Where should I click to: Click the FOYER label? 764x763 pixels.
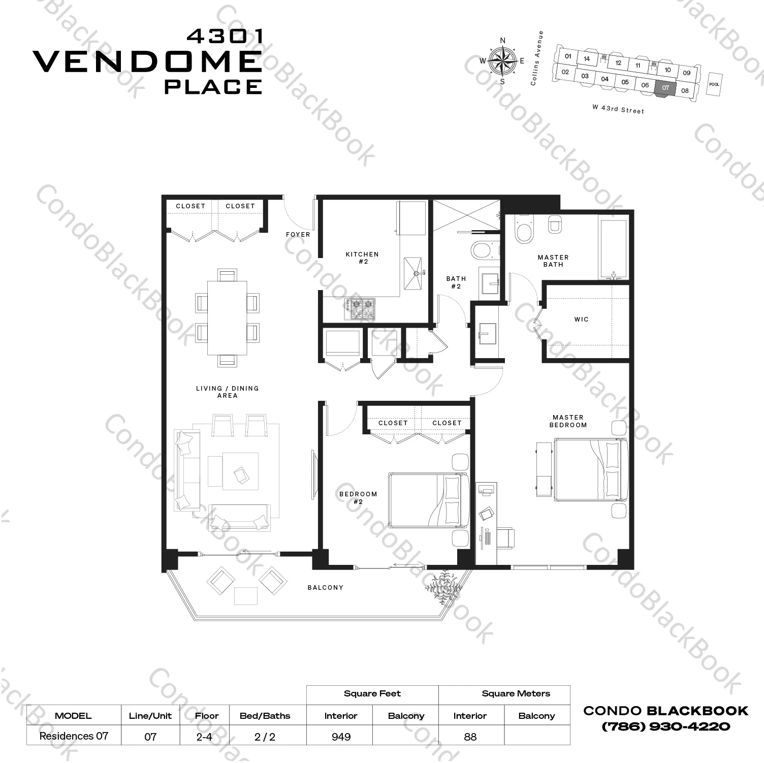click(298, 235)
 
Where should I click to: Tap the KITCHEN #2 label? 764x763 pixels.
click(362, 258)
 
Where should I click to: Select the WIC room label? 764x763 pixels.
click(581, 320)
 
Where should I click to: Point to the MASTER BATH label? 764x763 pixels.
click(553, 261)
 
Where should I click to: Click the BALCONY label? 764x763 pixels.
click(326, 588)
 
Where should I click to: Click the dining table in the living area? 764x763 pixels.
click(227, 318)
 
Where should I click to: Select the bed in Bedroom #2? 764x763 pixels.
click(428, 500)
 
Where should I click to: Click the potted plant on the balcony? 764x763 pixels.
click(444, 584)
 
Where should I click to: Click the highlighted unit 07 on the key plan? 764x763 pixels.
click(665, 88)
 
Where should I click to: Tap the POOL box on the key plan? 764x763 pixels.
click(714, 84)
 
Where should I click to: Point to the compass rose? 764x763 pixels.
click(502, 61)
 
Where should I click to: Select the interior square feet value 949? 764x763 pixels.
click(341, 737)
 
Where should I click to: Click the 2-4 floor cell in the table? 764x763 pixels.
click(204, 737)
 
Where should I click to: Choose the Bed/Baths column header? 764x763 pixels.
click(265, 716)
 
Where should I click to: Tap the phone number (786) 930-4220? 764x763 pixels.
click(665, 726)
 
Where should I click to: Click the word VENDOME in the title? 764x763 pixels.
click(147, 62)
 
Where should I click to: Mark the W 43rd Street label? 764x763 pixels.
click(618, 109)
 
